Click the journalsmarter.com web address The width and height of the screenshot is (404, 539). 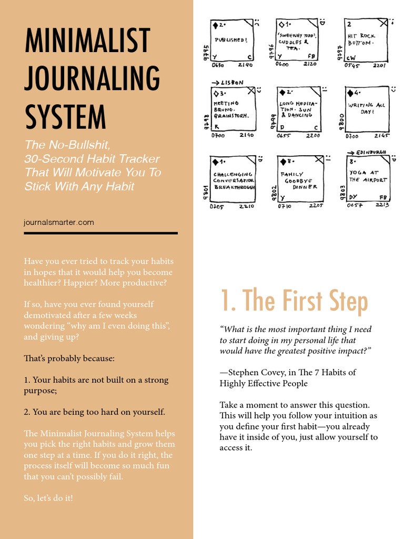click(x=59, y=222)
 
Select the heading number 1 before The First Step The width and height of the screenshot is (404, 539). click(x=226, y=301)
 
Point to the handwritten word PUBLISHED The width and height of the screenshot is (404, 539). click(x=230, y=40)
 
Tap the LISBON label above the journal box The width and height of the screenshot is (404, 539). click(x=231, y=83)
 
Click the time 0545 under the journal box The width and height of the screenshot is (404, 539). click(x=351, y=66)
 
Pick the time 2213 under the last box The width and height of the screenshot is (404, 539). click(x=383, y=205)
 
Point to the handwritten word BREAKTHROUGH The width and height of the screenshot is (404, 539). click(x=235, y=187)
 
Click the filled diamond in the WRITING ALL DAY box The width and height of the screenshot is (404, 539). click(x=350, y=94)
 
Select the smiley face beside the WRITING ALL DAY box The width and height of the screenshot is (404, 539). click(x=394, y=88)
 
